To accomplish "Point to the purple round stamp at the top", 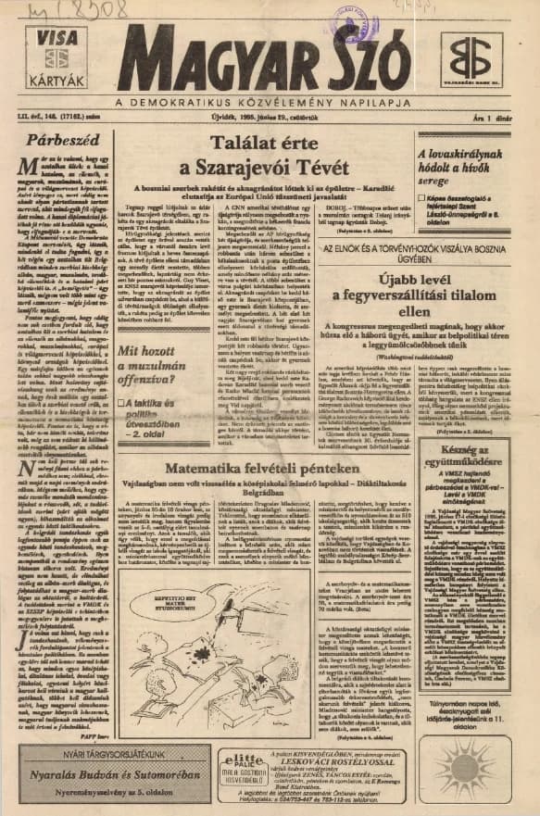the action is pyautogui.click(x=355, y=20).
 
